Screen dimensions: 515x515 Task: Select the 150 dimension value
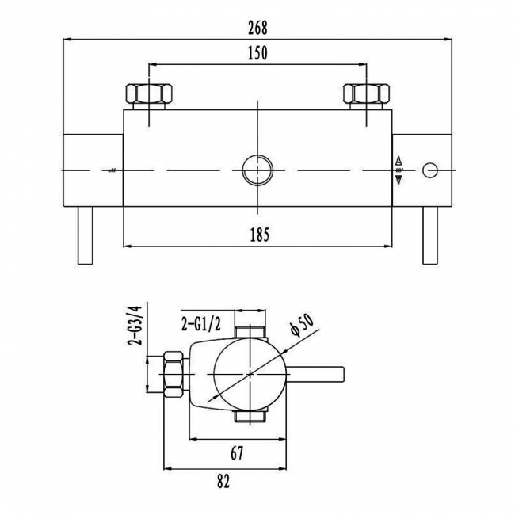click(257, 54)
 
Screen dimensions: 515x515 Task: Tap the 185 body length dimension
click(260, 234)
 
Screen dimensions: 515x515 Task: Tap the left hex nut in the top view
click(151, 95)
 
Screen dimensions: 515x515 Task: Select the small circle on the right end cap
click(431, 170)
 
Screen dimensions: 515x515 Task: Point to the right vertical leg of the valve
click(431, 236)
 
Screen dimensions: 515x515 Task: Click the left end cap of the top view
click(93, 170)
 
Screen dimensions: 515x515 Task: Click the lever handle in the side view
click(317, 372)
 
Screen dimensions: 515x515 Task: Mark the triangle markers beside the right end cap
click(399, 170)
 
